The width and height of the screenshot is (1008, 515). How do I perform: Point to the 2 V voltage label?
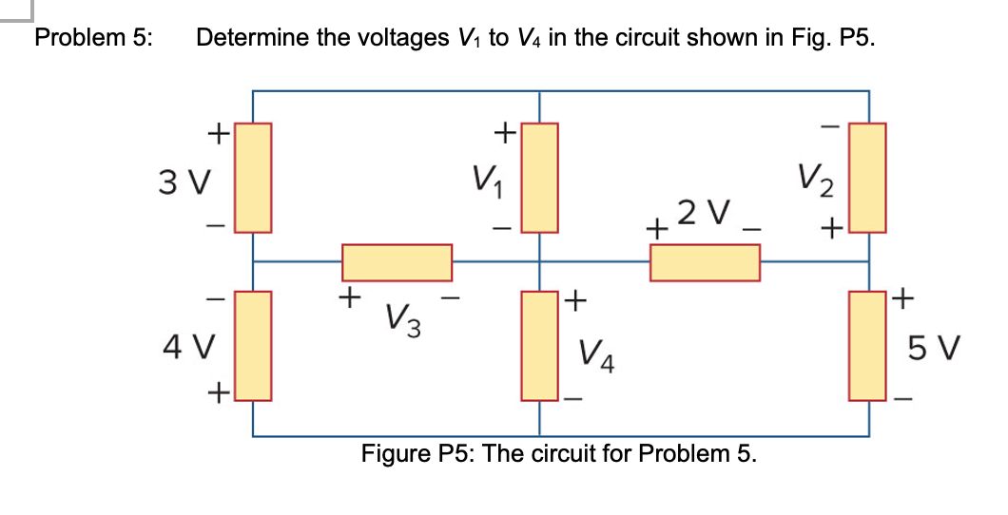704,210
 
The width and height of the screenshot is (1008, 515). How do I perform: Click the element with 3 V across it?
253,178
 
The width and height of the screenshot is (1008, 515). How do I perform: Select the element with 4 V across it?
253,345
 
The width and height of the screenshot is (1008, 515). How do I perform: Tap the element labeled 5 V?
867,345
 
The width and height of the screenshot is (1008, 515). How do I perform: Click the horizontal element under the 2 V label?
705,262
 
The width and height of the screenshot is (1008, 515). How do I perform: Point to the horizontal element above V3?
397,262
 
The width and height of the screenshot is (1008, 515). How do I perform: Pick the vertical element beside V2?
867,178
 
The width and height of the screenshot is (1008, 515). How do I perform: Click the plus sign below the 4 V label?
218,391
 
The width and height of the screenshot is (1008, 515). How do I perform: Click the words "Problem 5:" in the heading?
93,39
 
